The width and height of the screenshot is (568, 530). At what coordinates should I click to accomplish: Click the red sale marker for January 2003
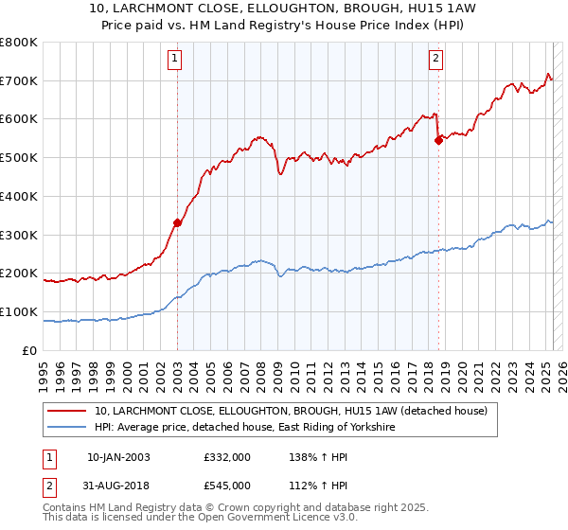point(177,223)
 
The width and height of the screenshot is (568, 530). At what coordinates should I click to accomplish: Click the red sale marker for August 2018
point(438,140)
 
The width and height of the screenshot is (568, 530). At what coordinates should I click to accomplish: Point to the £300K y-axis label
point(20,235)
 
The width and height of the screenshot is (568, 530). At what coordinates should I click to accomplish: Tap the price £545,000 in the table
point(226,486)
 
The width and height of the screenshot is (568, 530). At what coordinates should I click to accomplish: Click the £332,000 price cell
point(226,457)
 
